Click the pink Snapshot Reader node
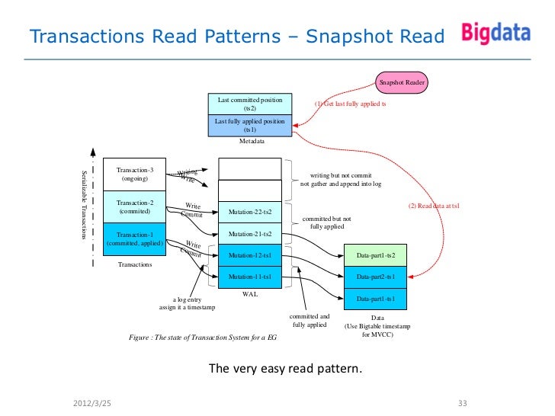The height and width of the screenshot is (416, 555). (x=402, y=82)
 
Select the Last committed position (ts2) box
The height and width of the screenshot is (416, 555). (x=250, y=104)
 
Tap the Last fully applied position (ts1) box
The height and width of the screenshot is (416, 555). (x=250, y=125)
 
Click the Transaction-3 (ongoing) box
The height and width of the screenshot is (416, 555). (x=135, y=174)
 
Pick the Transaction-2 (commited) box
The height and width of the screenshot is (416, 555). (x=135, y=207)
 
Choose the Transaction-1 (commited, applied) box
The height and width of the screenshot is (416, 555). (x=135, y=238)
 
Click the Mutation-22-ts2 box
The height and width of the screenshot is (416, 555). (x=250, y=211)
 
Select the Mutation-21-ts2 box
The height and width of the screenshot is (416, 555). (x=250, y=233)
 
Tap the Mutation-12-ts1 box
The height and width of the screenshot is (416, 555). (x=250, y=255)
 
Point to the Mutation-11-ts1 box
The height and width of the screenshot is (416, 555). (x=250, y=277)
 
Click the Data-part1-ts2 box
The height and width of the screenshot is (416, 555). (x=376, y=254)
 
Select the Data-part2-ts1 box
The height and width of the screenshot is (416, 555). (x=376, y=277)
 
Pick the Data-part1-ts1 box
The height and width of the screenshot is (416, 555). (x=376, y=299)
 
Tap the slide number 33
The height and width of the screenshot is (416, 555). (x=461, y=402)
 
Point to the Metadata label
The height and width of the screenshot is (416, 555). (x=251, y=141)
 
